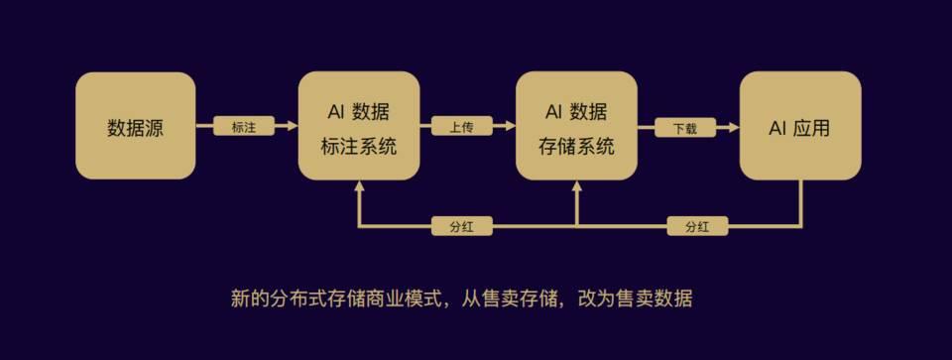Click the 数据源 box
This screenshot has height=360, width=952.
[x=136, y=126]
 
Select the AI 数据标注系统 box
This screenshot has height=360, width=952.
[x=359, y=126]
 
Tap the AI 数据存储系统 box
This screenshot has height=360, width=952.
[x=576, y=126]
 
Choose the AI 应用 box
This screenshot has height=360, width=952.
[x=800, y=126]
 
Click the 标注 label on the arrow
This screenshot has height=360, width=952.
[x=244, y=127]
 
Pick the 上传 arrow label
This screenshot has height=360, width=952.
[x=461, y=127]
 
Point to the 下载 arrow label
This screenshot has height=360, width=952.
[x=685, y=127]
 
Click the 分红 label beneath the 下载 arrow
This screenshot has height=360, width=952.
[x=697, y=226]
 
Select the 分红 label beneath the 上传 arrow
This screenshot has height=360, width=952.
[x=461, y=226]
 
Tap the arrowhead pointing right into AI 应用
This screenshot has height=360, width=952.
[x=734, y=127]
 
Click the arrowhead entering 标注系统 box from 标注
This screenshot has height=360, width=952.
[x=293, y=127]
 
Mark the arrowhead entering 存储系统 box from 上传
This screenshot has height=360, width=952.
[x=510, y=127]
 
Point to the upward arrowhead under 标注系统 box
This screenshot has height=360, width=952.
[x=359, y=185]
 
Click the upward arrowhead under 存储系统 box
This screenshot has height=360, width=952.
[x=577, y=185]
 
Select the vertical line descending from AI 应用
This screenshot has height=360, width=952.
[x=801, y=204]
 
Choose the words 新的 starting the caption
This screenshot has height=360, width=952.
[x=249, y=299]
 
